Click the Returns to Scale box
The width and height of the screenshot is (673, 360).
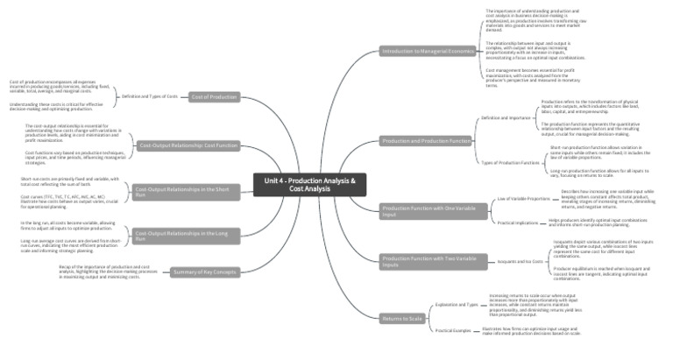[403, 318]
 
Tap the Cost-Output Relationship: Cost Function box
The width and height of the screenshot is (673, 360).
[188, 145]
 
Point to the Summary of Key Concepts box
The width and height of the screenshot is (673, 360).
[204, 272]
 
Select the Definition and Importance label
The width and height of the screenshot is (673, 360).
[507, 116]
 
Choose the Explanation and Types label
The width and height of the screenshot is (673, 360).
[457, 306]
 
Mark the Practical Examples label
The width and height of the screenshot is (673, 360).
[454, 330]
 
